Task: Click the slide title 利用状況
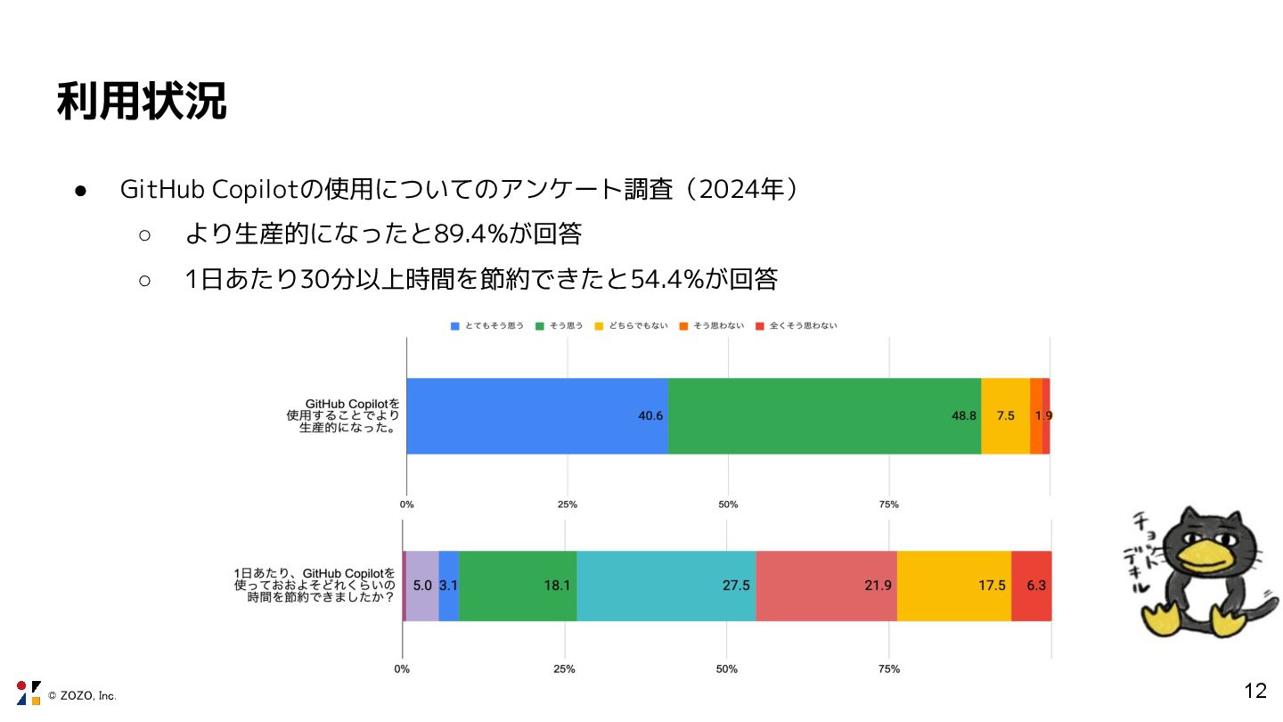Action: click(142, 102)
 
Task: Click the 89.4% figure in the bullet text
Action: click(470, 234)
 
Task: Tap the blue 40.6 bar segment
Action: click(537, 416)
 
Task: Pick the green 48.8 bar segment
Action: click(824, 416)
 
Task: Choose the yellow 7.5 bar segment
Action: click(1005, 416)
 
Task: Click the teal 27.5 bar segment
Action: click(666, 586)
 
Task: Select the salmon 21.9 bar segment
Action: click(826, 586)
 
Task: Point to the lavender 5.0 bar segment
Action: click(421, 586)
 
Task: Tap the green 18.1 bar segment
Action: click(518, 586)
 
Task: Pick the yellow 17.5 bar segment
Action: click(953, 586)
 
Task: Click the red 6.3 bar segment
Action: click(1032, 586)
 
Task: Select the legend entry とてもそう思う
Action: click(487, 326)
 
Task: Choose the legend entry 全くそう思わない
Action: click(797, 326)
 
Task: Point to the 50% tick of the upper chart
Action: click(728, 505)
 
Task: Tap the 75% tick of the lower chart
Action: click(888, 669)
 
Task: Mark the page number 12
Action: click(1254, 691)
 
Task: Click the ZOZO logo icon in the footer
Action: click(29, 693)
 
